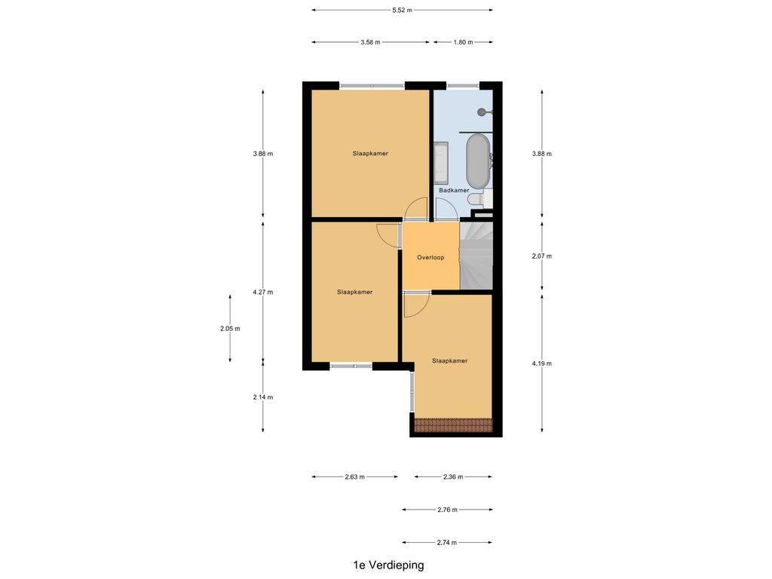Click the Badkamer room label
(454, 191)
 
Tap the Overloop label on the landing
(430, 258)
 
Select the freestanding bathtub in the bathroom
(477, 161)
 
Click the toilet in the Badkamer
(486, 198)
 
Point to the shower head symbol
(482, 112)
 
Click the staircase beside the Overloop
(476, 256)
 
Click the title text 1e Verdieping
(388, 565)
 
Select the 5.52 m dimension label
(402, 11)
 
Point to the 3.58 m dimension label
(370, 42)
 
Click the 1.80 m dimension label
(462, 42)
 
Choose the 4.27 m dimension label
(263, 293)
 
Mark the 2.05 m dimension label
(230, 329)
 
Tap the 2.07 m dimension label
(542, 256)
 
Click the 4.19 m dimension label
(542, 363)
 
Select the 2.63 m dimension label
(354, 477)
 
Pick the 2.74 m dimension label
(447, 542)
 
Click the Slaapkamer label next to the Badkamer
(370, 154)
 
